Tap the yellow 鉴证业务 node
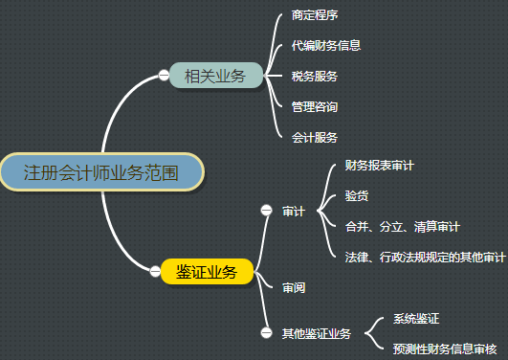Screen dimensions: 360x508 coord(207,272)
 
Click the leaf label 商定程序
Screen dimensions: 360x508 coord(314,16)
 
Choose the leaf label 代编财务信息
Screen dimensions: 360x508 coord(325,45)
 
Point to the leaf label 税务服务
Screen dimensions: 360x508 coord(314,76)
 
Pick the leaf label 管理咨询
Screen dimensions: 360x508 coord(314,106)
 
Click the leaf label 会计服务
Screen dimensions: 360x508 coord(314,137)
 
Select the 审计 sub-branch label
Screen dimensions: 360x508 coord(293,211)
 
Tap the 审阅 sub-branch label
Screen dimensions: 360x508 coord(293,286)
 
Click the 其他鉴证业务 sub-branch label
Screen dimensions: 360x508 coord(316,333)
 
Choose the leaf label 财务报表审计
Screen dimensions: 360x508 coord(379,166)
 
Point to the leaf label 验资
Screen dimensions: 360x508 coord(357,195)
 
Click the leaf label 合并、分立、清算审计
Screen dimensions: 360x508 coord(403,227)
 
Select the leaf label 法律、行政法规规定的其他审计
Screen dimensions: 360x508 coord(426,257)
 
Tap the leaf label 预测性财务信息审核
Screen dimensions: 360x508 coord(444,348)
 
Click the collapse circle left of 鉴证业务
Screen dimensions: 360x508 coord(155,272)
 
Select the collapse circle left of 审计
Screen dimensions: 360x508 coord(266,211)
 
